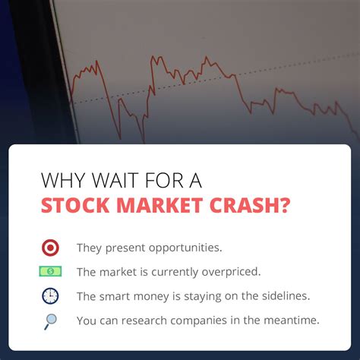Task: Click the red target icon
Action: coord(51,248)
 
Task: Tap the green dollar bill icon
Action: coord(51,271)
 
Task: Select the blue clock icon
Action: coord(51,295)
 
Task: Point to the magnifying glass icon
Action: coord(51,321)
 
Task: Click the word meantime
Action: coord(289,321)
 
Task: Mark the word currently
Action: coord(176,272)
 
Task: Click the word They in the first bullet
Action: coord(89,248)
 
